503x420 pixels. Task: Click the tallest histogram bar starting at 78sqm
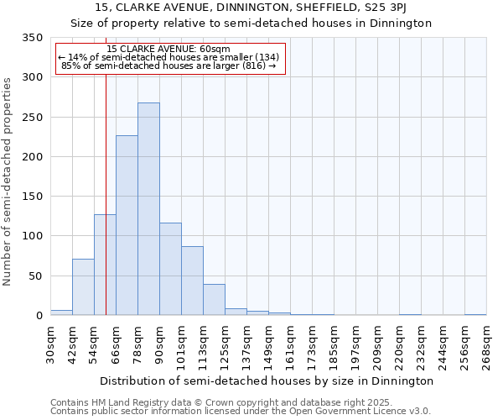[148, 209]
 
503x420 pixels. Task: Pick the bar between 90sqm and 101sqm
[170, 269]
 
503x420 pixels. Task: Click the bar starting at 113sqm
[214, 300]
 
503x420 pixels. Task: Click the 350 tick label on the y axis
[32, 38]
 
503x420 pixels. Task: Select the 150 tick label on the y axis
[32, 197]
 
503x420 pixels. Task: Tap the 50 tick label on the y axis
[35, 276]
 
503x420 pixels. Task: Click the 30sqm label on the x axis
[51, 343]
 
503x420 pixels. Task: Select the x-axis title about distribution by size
[267, 381]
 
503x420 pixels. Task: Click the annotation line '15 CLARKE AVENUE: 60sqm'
[169, 49]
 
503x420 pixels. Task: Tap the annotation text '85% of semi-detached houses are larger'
[169, 66]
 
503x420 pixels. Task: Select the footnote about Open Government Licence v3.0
[241, 412]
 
